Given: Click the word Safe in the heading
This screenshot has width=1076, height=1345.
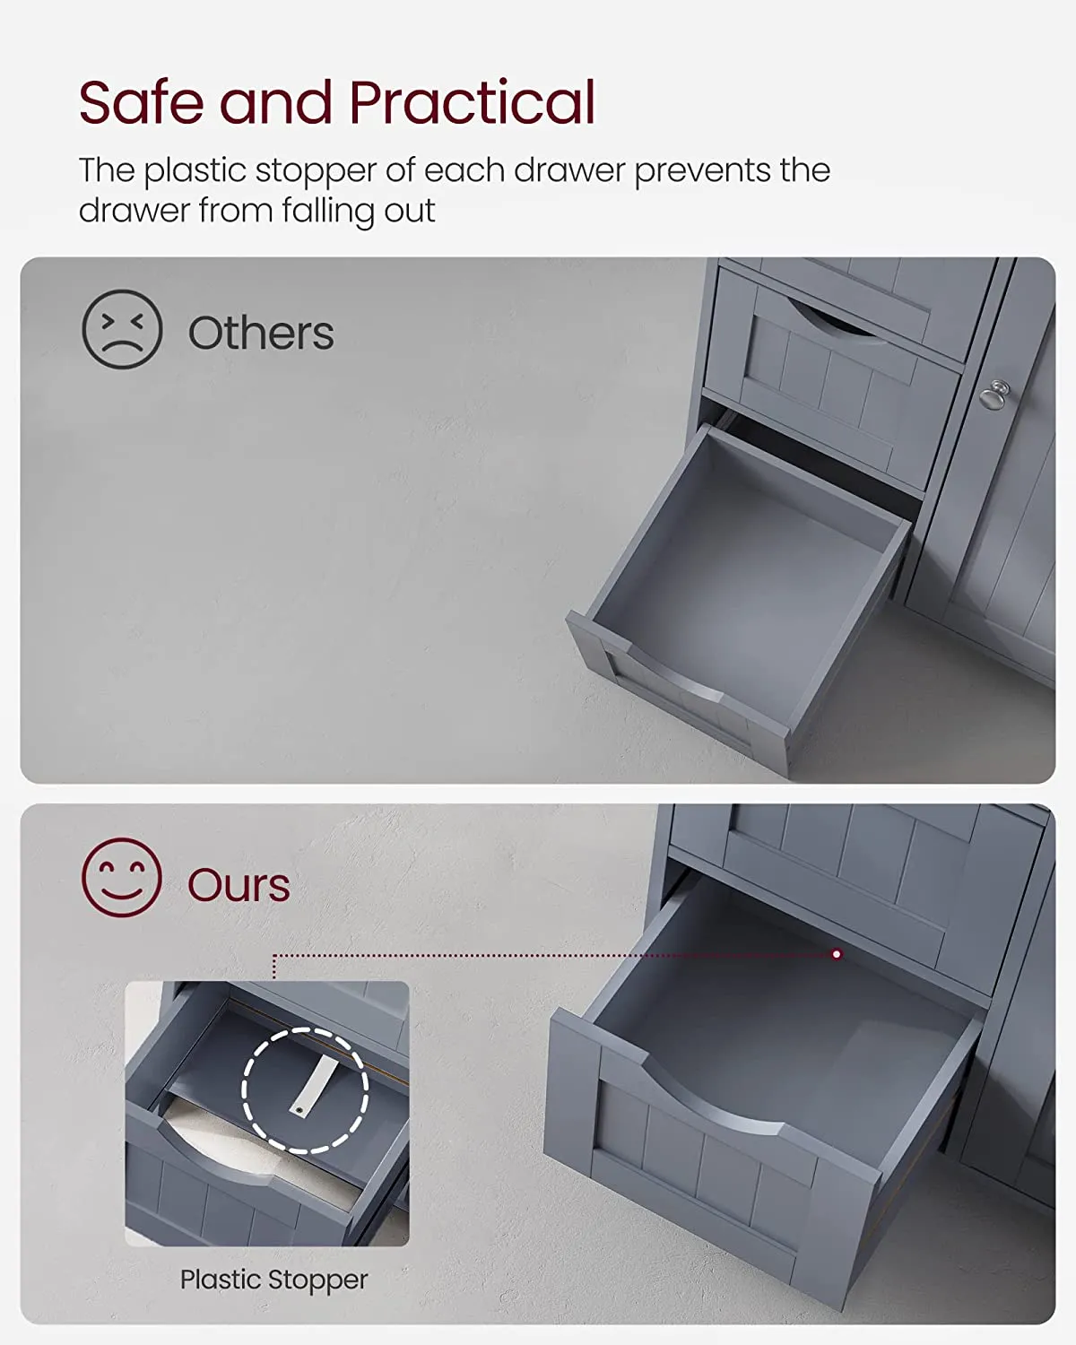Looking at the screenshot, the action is [142, 102].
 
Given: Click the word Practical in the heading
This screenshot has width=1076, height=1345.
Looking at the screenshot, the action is [472, 102].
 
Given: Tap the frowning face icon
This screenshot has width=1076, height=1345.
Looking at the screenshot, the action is [122, 329].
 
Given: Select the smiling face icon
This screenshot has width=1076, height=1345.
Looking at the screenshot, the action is [122, 878].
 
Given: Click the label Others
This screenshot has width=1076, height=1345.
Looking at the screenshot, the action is [261, 333].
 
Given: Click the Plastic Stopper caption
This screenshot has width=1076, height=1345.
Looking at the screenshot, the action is [273, 1280].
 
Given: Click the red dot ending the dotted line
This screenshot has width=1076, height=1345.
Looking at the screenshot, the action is [837, 954].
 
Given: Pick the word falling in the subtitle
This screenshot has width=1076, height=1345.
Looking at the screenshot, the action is [327, 212].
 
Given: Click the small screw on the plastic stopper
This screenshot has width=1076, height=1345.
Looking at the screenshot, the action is [299, 1110].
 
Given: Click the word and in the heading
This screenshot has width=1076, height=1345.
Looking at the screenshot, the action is [275, 102].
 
